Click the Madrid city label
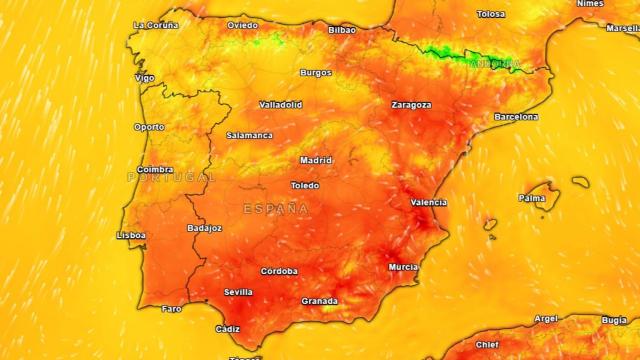tap(316, 160)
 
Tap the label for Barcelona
tap(516, 117)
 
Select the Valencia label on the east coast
tap(428, 203)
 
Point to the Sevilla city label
tap(238, 292)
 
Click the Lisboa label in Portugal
tap(131, 235)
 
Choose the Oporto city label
tap(149, 127)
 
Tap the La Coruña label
tap(155, 24)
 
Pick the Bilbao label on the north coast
tap(342, 30)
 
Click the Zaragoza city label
tap(411, 104)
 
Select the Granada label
tap(319, 300)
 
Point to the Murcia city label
tap(403, 267)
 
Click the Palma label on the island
tap(532, 198)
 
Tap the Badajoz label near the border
tap(204, 228)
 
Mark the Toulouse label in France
tap(491, 14)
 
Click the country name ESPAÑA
tap(276, 209)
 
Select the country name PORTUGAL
tap(170, 177)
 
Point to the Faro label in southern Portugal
tap(172, 309)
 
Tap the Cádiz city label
tap(227, 329)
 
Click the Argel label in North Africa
tap(546, 319)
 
